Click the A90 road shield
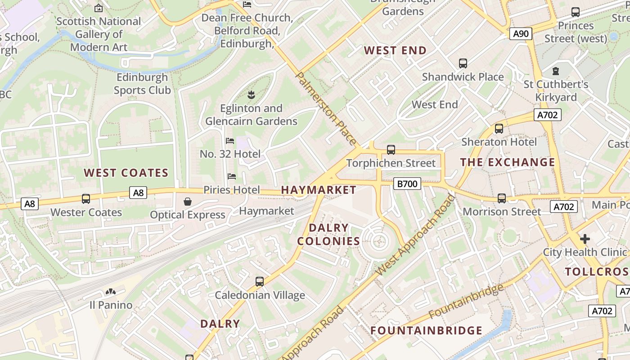point(521,34)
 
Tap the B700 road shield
point(407,184)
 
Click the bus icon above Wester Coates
point(86,198)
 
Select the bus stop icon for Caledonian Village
point(260,282)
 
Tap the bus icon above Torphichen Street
point(391,149)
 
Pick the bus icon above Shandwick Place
point(463,63)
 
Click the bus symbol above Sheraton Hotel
point(499,129)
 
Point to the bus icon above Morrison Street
point(502,198)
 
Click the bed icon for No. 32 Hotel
point(230,141)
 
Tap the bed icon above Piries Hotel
point(232,176)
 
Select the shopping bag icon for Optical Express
point(188,202)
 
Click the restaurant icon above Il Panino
point(110,292)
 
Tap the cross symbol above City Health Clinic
point(585,238)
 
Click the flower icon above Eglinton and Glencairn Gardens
point(251,94)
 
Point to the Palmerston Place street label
point(325,108)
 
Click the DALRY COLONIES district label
point(328,234)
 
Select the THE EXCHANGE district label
point(508,162)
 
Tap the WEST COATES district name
point(126,173)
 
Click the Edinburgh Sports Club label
point(142,84)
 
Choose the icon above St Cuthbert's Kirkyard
point(556,71)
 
